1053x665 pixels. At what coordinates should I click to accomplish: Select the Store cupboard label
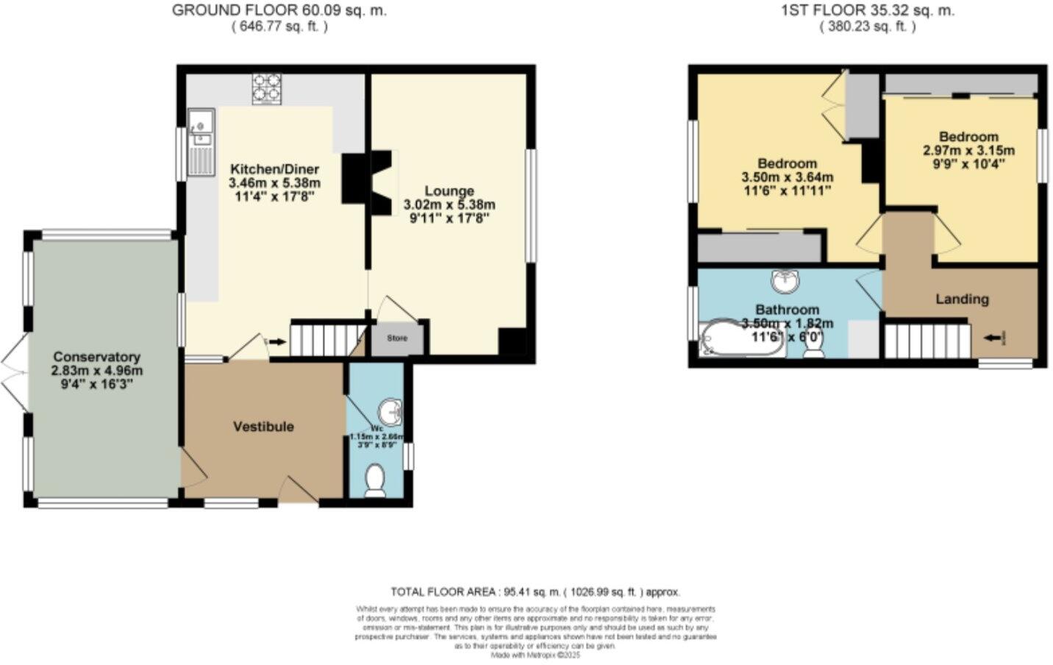coord(397,338)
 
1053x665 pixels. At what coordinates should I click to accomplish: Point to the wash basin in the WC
coord(390,413)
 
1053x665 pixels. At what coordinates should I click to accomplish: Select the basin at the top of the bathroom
coord(786,280)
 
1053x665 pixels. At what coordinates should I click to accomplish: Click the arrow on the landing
coord(993,338)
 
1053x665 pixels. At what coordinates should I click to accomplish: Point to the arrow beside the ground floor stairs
coord(277,341)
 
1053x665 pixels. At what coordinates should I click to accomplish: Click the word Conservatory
coord(96,357)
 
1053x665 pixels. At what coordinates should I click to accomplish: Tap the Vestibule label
coord(263,427)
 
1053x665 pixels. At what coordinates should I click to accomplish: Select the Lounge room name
coord(449,191)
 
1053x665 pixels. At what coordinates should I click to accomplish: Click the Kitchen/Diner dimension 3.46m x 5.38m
coord(274,182)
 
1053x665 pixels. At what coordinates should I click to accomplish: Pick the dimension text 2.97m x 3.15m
coord(968,150)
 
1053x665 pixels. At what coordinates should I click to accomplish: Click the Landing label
coord(961,299)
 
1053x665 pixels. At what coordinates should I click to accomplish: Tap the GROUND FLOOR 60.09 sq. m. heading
coord(279,10)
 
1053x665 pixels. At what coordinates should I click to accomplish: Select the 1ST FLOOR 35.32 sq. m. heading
coord(868,10)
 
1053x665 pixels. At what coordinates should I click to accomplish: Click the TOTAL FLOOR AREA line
coord(535,591)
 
